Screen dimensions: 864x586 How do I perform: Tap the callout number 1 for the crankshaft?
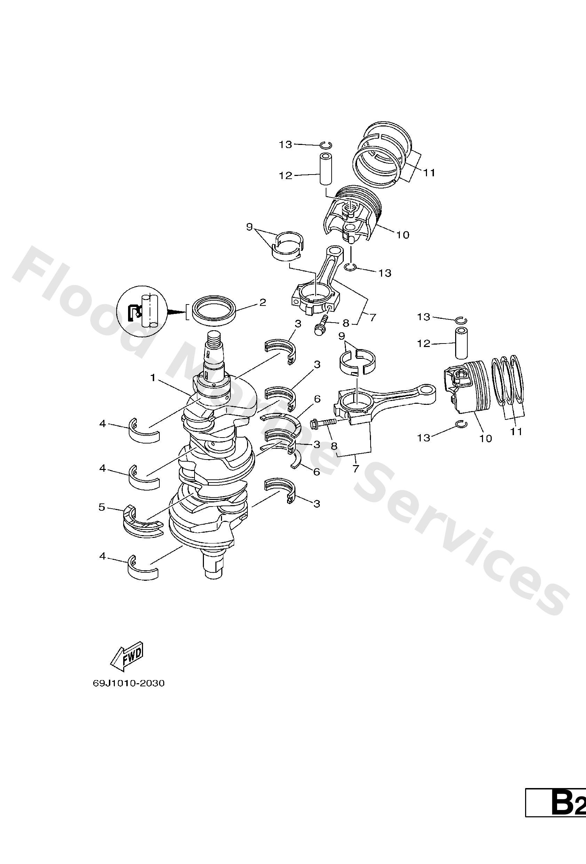tap(153, 378)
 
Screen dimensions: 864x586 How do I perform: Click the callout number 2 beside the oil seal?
tap(262, 303)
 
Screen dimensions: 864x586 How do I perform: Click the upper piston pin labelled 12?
tap(325, 168)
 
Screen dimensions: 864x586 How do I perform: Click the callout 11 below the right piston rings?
tap(516, 431)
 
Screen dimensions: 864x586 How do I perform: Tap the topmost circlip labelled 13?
tap(325, 145)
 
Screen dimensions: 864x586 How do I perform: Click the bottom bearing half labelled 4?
tap(143, 569)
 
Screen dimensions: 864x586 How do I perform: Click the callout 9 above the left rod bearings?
tap(249, 226)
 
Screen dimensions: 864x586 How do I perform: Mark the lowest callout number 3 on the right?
tap(317, 504)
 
